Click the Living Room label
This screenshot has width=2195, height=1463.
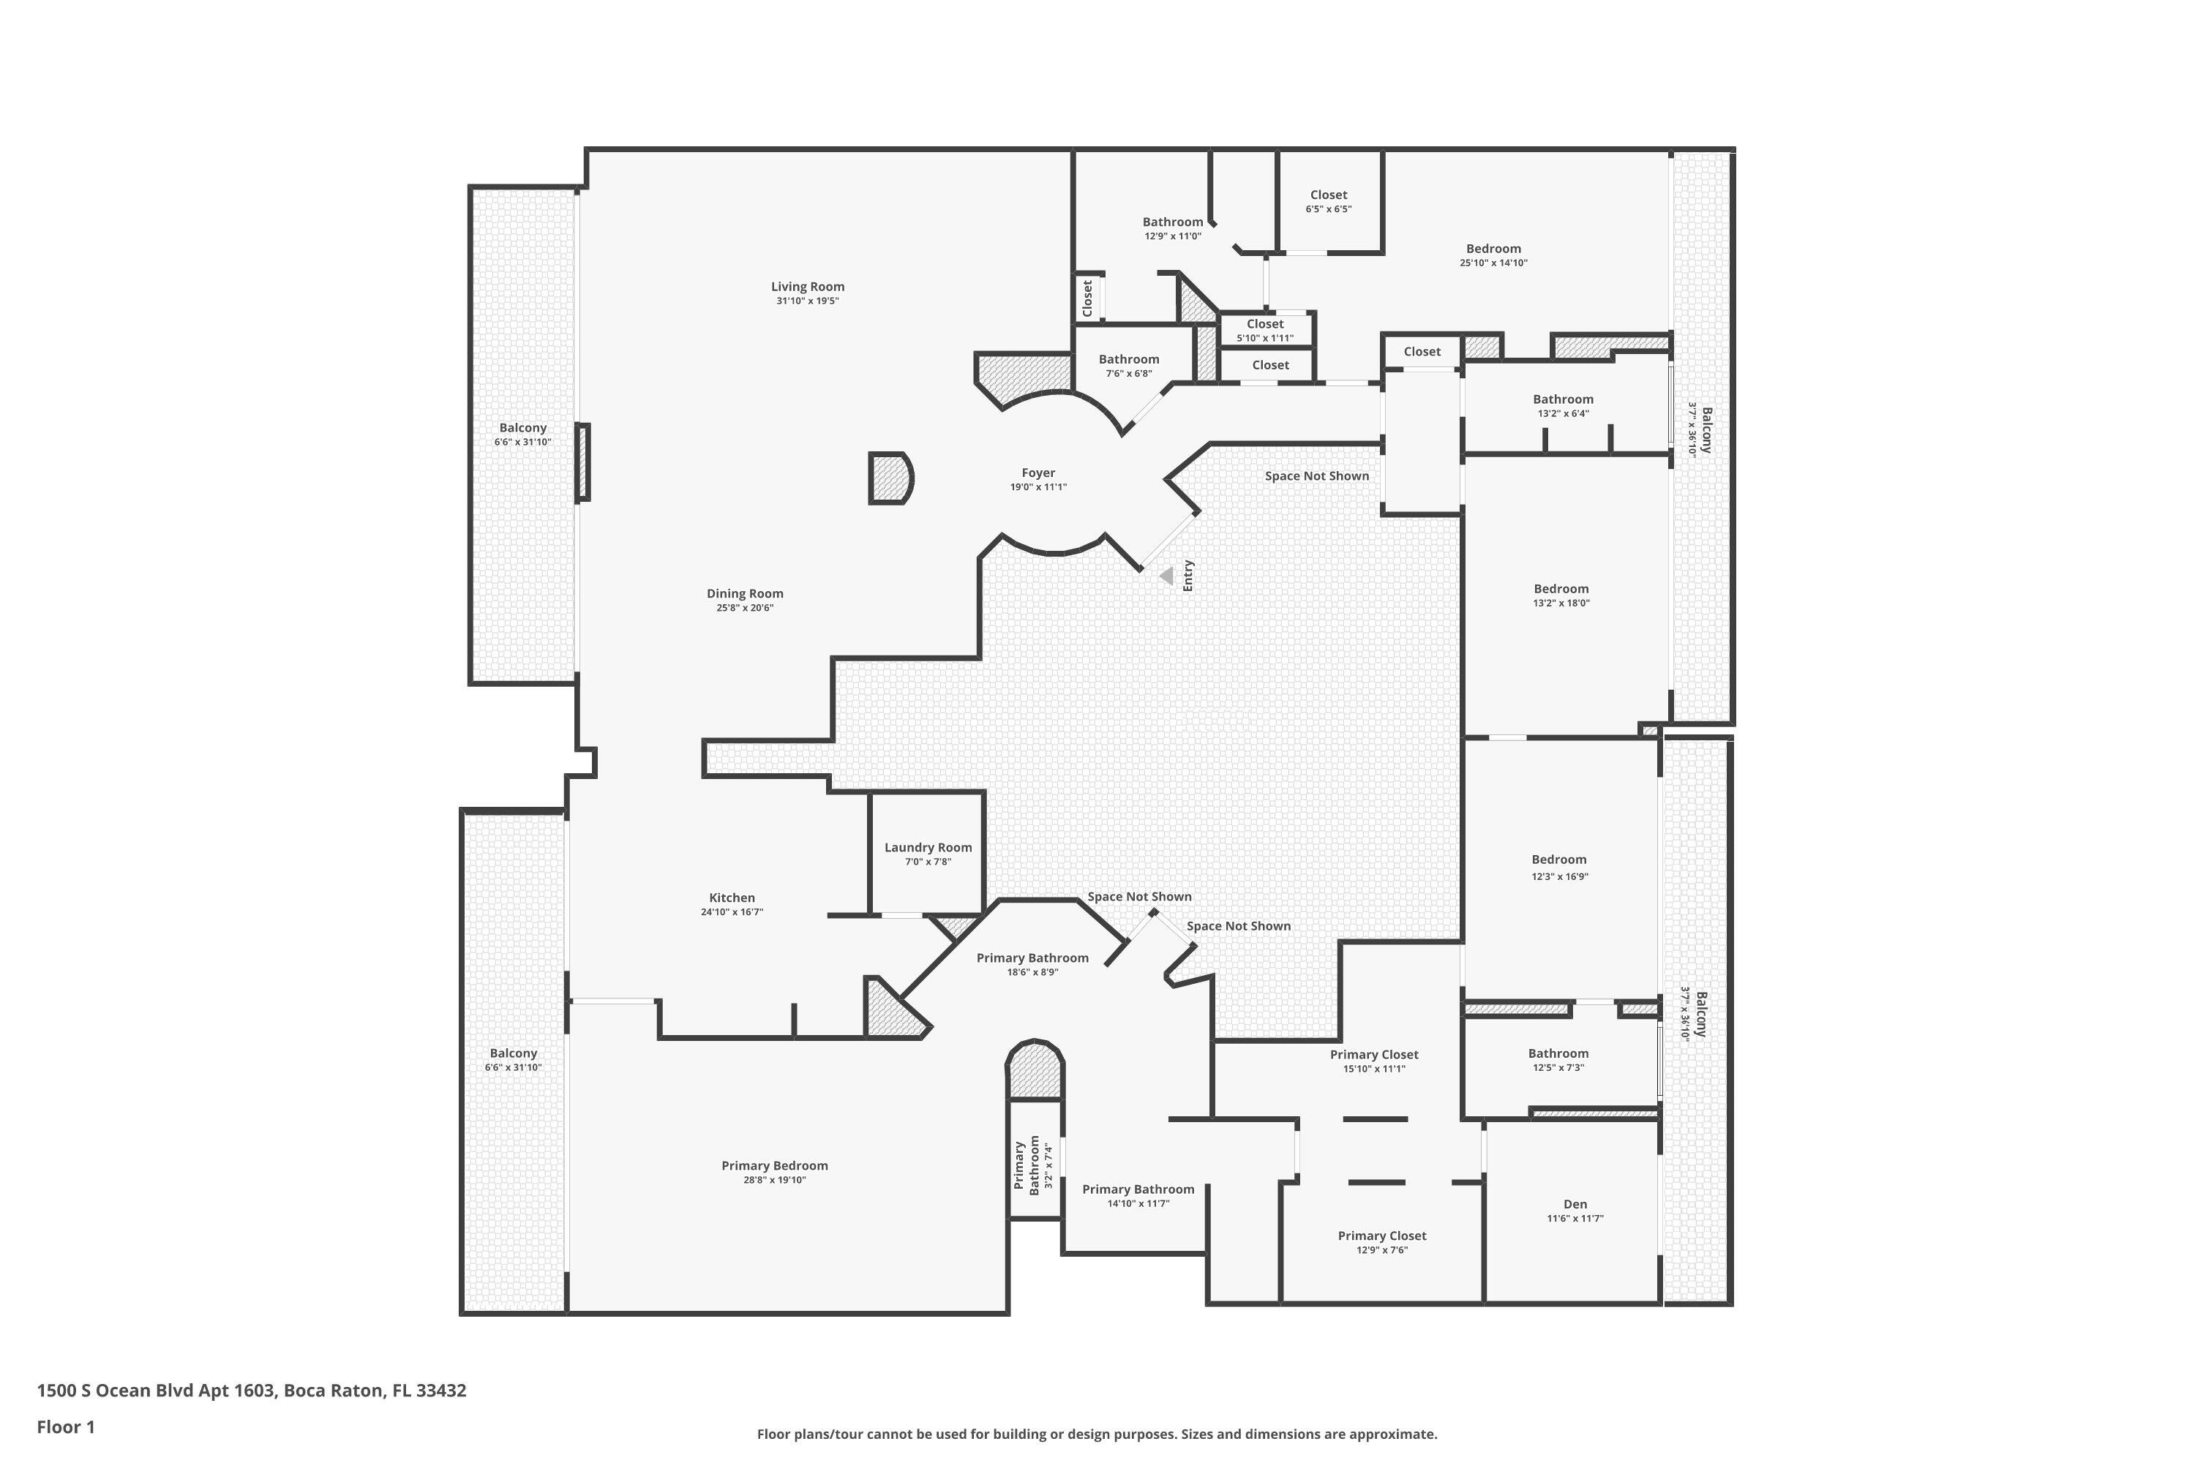click(807, 287)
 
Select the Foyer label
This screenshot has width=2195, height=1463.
click(1038, 473)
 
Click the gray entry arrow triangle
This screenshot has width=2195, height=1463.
click(1166, 576)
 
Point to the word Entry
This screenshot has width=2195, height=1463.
click(1188, 576)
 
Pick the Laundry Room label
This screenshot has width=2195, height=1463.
click(928, 847)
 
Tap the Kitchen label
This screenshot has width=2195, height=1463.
click(732, 898)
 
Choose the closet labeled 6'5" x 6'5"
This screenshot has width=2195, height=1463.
click(1328, 202)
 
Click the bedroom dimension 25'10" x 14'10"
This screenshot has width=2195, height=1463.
click(1493, 263)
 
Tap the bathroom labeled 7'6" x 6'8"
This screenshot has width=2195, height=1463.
click(1128, 366)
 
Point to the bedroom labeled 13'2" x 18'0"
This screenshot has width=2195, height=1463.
click(1561, 595)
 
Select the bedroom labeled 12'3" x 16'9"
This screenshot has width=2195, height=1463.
click(1558, 867)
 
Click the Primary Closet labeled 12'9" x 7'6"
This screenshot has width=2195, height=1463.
click(1381, 1242)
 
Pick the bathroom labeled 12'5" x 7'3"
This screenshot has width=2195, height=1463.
click(1558, 1060)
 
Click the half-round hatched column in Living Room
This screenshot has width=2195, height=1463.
click(890, 478)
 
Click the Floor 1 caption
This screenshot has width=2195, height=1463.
click(65, 1426)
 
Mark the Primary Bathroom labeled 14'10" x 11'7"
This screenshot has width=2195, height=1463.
click(1138, 1195)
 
